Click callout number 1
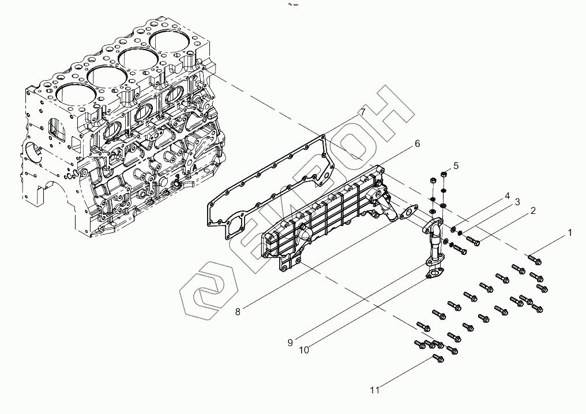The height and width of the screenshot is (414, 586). point(570,233)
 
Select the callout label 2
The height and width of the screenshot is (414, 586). point(534,211)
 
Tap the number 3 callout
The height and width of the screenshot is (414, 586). point(517,202)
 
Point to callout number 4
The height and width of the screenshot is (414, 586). point(507,195)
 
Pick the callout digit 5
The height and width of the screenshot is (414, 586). point(456,165)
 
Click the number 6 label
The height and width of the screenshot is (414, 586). point(416,144)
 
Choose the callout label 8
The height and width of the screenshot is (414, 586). point(238,312)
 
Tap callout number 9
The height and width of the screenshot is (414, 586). point(291,342)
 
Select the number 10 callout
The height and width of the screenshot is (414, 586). point(304,349)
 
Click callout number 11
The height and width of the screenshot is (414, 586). point(375,390)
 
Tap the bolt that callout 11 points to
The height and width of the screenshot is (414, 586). point(438,359)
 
